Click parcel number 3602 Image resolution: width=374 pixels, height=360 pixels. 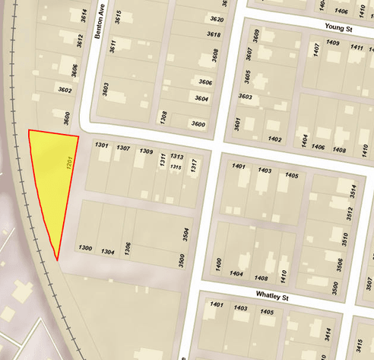[x=65, y=91]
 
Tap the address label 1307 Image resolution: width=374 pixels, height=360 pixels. [x=123, y=148]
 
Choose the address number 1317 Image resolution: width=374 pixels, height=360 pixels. [x=195, y=166]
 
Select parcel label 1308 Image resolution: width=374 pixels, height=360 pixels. [x=164, y=118]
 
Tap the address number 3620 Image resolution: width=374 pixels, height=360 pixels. [x=217, y=20]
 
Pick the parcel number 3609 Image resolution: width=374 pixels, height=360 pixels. [x=257, y=37]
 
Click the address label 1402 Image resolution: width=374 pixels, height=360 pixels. [x=274, y=139]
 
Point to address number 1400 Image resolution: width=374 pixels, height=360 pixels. [x=219, y=265]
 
